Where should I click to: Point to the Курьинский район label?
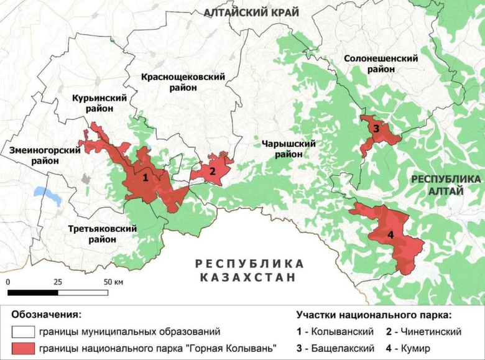(99, 103)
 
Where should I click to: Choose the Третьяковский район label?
(102, 234)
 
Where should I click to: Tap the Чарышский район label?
(289, 149)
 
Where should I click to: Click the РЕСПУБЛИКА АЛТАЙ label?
(445, 185)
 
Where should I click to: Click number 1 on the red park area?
(145, 177)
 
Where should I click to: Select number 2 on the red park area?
(212, 171)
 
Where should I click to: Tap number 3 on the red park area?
(376, 129)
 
